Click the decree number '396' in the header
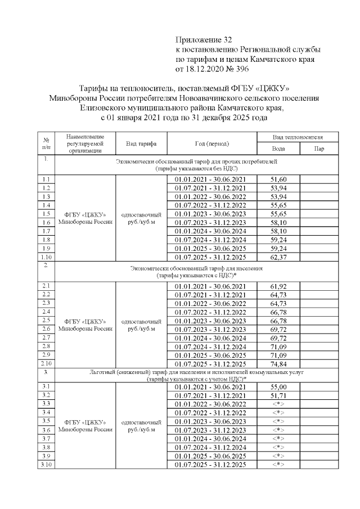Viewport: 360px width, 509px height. pos(237,69)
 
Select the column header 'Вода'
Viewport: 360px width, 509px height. pos(278,148)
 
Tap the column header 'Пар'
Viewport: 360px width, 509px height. pos(320,148)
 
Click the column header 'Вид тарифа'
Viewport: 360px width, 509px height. pos(142,143)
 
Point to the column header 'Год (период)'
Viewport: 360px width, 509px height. pos(211,143)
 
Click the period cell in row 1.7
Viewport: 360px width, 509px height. pos(210,231)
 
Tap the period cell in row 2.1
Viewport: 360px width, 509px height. pos(210,286)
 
